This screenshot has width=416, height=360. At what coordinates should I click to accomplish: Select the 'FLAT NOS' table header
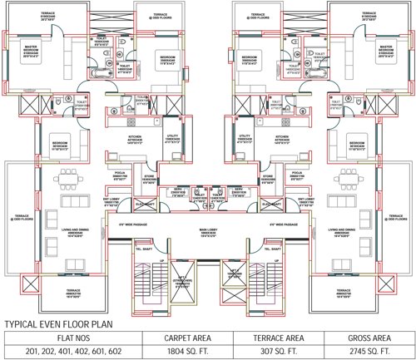pos(70,338)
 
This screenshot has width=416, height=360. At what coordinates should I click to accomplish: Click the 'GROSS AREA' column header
pos(369,338)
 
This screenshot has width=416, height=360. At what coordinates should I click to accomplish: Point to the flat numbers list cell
pos(70,352)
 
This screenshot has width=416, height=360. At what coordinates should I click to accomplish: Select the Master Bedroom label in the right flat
pos(384,51)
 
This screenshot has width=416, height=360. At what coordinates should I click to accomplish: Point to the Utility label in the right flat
pos(245,138)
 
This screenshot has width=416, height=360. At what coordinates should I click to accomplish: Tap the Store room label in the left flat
pos(150,177)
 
